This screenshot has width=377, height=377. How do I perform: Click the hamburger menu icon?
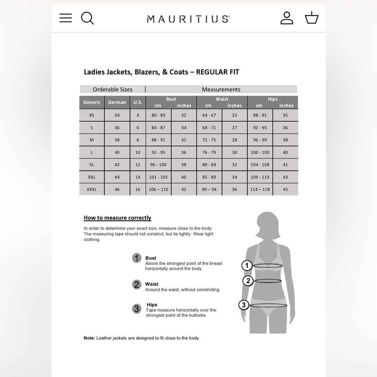click(x=66, y=18)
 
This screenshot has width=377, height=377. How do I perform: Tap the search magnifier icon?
click(x=87, y=18)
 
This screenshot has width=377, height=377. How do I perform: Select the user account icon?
click(x=287, y=18)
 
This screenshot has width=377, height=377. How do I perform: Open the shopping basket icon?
click(x=311, y=18)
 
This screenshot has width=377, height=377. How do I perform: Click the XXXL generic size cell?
click(x=92, y=189)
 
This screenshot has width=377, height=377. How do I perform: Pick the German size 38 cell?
click(x=117, y=140)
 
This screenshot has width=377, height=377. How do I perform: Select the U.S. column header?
click(x=138, y=102)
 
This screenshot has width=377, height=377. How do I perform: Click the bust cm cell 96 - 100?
click(x=158, y=165)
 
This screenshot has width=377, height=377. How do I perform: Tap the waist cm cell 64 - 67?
click(x=209, y=115)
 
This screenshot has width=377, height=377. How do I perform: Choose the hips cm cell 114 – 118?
click(x=260, y=189)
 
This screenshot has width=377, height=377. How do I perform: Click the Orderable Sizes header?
click(x=113, y=89)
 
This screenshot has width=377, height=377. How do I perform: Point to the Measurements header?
click(x=221, y=89)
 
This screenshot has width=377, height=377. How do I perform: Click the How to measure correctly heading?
click(x=117, y=218)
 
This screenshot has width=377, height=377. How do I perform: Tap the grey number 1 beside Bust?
click(x=136, y=258)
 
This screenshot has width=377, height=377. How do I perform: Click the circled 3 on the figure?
click(x=244, y=305)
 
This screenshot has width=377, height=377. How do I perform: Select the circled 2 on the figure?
click(x=248, y=280)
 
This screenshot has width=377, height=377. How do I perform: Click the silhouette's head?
click(x=268, y=224)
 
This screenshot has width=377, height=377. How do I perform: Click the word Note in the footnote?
click(x=89, y=338)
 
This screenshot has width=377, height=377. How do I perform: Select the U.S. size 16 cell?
click(x=138, y=189)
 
